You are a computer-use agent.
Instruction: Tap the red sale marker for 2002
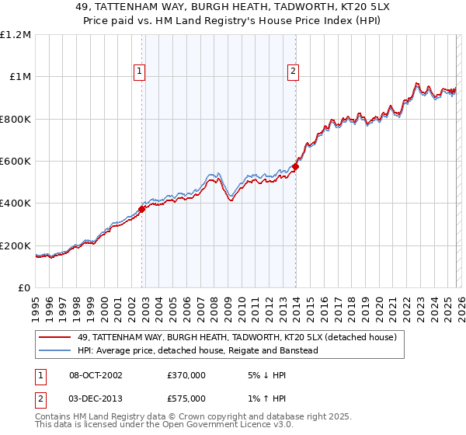[x=142, y=209]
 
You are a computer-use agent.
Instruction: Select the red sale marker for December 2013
[x=295, y=166]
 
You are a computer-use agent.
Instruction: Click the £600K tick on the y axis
[x=16, y=162]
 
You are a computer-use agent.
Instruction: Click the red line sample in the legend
[x=56, y=337]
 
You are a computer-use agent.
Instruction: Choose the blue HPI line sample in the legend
[x=56, y=350]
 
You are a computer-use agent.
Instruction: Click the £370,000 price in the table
[x=186, y=374]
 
